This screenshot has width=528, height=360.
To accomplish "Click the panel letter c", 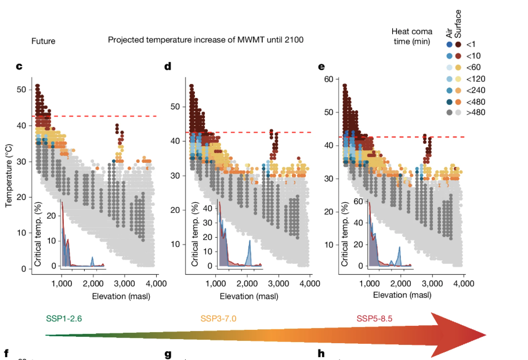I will coord(19,66).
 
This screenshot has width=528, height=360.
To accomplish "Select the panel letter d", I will coord(168,66).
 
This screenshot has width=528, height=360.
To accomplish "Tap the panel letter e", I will coord(321,66).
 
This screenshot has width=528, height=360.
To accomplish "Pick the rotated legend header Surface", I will coord(458,26).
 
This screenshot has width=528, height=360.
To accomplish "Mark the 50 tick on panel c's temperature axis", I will coord(21,89).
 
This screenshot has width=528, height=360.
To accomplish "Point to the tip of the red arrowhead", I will coord(486,334).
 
